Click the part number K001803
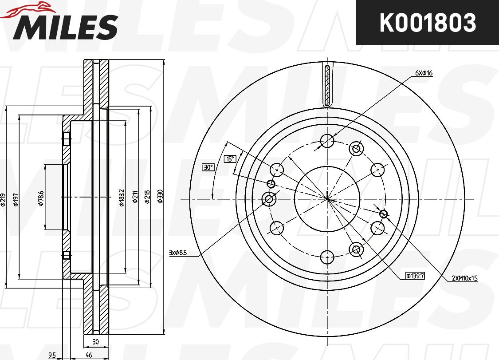[427, 23]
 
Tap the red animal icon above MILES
[27, 10]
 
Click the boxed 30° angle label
[208, 167]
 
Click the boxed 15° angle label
[230, 159]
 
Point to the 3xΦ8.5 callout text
[178, 253]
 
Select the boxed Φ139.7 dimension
[415, 276]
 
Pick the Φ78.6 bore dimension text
[41, 198]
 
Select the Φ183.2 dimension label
[121, 197]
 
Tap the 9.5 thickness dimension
[52, 355]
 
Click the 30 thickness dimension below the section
[95, 342]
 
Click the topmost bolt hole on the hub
[327, 141]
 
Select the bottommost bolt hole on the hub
[327, 256]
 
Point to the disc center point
[327, 198]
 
